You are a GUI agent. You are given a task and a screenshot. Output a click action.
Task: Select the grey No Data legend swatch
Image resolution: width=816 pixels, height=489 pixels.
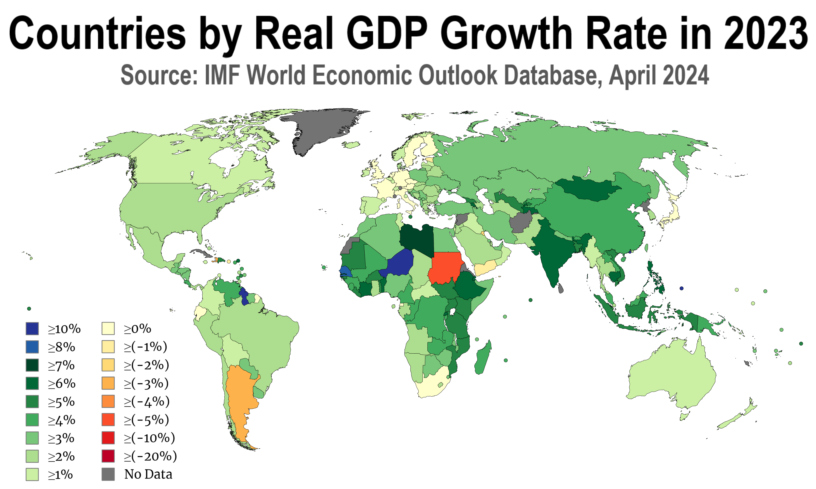click(108, 474)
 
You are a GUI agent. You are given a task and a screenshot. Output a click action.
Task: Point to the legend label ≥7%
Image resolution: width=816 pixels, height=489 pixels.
click(61, 365)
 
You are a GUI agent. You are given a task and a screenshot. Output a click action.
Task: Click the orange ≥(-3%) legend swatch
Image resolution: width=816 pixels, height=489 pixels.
click(108, 383)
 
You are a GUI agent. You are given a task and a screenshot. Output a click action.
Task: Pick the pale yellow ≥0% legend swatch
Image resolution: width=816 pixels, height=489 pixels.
click(108, 328)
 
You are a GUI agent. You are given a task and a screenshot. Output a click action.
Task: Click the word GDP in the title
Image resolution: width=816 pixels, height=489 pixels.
click(387, 33)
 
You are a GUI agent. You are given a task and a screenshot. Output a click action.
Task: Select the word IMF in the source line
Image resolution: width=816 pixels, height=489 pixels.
click(222, 75)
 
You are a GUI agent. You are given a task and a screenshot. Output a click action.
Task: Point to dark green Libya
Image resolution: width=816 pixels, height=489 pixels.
click(417, 239)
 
